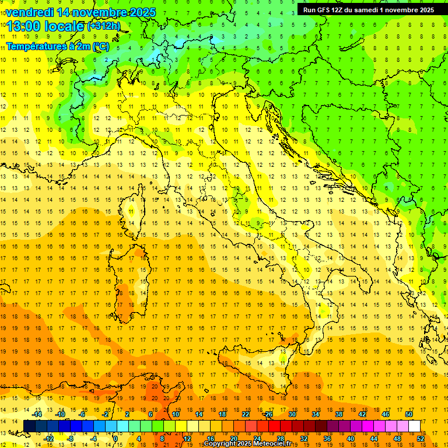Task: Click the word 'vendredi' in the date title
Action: coord(29,12)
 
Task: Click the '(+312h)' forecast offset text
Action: coord(104,26)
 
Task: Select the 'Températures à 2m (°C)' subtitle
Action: coord(57,46)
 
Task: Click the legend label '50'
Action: coord(408,414)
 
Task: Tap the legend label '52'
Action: coord(421,438)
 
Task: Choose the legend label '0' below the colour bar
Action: coord(116,438)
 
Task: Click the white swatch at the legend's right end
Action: coord(414,426)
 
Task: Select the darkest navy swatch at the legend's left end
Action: coord(29,426)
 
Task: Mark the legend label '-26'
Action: coord(268,414)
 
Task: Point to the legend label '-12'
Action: coord(48,438)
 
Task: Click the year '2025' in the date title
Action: coord(142,12)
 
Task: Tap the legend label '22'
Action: coord(245,414)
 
